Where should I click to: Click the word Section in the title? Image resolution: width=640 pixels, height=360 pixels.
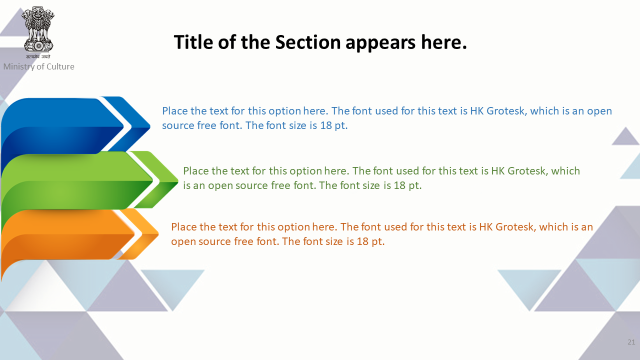point(307,42)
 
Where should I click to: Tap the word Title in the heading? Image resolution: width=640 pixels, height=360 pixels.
point(193,42)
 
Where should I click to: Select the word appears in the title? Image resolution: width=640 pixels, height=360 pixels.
point(380,43)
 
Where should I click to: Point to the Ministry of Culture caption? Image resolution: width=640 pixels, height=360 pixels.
point(39,66)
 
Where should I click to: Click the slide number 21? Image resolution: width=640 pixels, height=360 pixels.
point(631,342)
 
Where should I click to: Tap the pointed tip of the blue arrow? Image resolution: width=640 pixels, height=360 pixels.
point(149,125)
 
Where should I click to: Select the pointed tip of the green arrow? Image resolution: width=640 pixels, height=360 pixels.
point(177,180)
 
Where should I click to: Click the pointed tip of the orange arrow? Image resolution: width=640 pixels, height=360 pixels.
point(158,234)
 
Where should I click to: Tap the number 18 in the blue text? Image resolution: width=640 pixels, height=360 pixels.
point(325,125)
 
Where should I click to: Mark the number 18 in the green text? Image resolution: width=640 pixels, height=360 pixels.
point(399,185)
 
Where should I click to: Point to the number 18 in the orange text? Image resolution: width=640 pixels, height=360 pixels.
point(362,241)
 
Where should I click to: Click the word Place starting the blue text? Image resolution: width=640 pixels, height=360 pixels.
point(175,111)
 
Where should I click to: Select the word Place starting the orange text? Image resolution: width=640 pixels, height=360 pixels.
point(184,227)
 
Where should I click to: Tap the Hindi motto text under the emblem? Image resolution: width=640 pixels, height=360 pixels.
point(38,56)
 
